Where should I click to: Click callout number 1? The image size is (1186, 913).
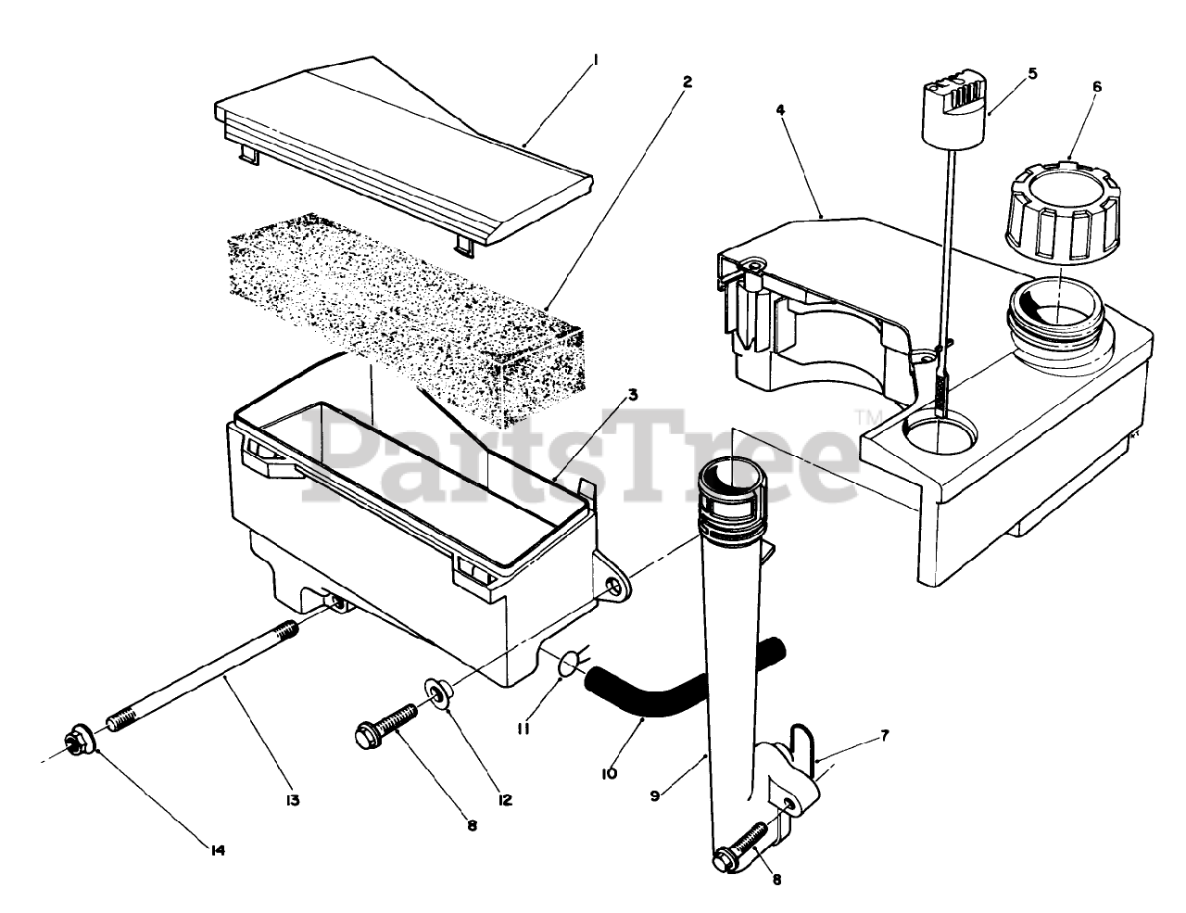(596, 60)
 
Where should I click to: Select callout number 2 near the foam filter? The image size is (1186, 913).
(687, 82)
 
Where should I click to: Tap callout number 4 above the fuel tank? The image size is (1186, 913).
(781, 109)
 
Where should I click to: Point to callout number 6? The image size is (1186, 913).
(1097, 86)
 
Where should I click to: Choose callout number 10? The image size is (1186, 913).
(610, 772)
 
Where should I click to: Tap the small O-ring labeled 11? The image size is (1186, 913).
(571, 664)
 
